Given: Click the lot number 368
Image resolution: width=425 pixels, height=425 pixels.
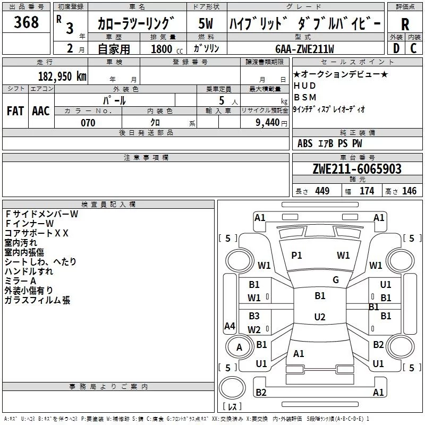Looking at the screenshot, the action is [x=26, y=22].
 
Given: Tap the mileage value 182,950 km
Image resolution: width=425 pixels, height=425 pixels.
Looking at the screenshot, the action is [x=62, y=76].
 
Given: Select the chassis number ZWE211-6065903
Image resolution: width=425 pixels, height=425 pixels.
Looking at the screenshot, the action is [x=357, y=169].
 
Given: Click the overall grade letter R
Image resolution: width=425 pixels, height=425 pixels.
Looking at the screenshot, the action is [x=405, y=24].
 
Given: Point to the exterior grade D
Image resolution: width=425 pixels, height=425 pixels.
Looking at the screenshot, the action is [x=396, y=48].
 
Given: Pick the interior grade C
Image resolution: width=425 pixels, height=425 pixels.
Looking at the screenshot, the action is [x=413, y=48].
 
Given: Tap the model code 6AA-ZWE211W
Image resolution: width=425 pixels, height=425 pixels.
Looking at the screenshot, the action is [x=304, y=49].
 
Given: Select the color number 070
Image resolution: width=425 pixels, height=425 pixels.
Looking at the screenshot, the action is [x=88, y=123].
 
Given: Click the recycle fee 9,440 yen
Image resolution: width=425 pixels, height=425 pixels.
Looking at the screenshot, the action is [x=271, y=123].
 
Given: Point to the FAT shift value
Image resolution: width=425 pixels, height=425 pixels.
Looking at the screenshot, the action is [x=15, y=111].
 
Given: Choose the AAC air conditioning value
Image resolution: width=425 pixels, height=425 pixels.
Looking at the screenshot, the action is [x=41, y=111].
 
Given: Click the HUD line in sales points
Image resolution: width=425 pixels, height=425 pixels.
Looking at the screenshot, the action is [x=304, y=86].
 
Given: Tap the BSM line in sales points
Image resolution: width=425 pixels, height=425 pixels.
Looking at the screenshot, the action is [x=305, y=97].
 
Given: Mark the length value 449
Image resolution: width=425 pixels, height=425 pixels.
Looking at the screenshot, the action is [x=322, y=191].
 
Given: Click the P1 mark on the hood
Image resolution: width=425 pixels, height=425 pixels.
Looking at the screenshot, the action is [x=296, y=256].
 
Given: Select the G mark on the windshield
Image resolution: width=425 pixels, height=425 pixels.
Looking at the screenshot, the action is [x=336, y=280].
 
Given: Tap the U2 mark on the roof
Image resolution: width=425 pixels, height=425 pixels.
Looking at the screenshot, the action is [x=320, y=317].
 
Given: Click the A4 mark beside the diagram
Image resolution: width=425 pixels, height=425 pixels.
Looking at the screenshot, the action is [x=230, y=326].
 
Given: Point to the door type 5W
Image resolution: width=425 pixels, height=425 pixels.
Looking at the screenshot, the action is [x=206, y=23].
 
